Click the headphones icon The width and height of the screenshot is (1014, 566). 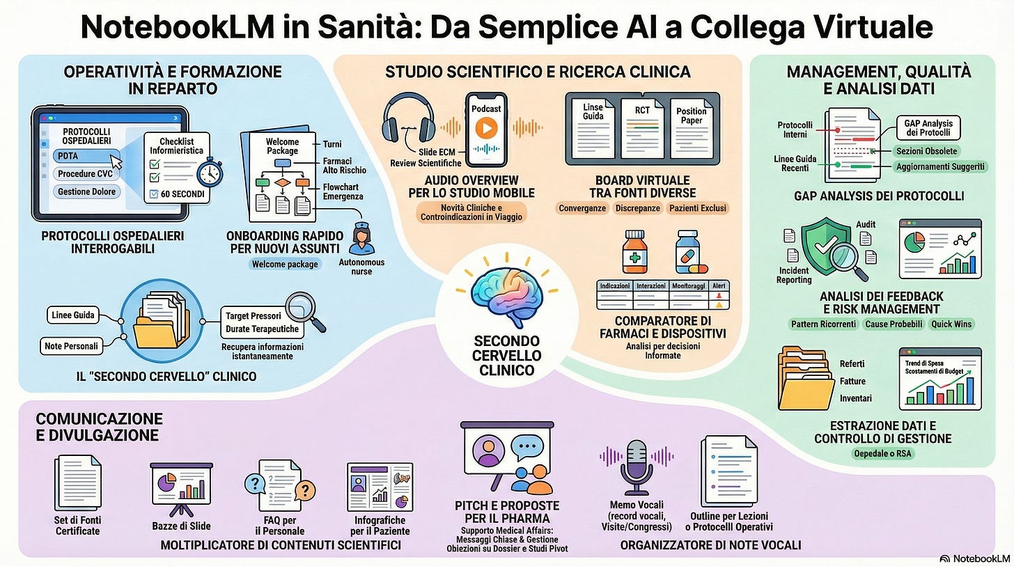coord(408,119)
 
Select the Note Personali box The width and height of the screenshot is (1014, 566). coord(72,345)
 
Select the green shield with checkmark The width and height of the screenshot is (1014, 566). coord(827,248)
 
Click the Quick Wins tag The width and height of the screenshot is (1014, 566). coord(951,324)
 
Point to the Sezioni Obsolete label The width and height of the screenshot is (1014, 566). coord(926,151)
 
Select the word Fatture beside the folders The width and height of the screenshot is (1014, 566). coord(852,381)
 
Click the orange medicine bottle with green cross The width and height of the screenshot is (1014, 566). coord(634,253)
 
